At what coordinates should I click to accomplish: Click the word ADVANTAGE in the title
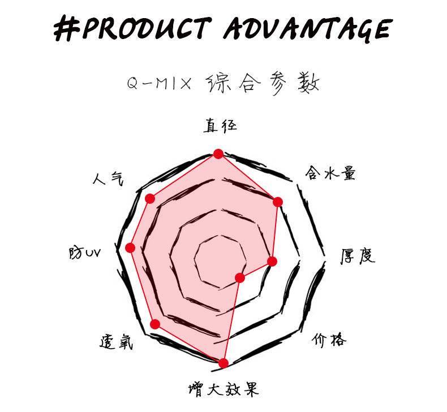point(306,28)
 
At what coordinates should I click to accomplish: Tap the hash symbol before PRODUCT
point(67,28)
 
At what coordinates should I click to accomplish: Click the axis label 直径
point(220,126)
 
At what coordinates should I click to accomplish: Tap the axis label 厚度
point(357,257)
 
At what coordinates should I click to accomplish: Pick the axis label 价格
point(329,340)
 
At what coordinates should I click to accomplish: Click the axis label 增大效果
point(223,389)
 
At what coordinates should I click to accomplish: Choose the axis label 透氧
point(116,341)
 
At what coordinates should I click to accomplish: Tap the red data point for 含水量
point(277,202)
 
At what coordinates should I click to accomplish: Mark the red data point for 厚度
point(272,261)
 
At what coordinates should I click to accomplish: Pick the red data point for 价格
point(240,277)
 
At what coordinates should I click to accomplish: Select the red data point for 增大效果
point(223,363)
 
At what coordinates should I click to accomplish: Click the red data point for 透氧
point(156,324)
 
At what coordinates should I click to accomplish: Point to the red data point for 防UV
point(130,247)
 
